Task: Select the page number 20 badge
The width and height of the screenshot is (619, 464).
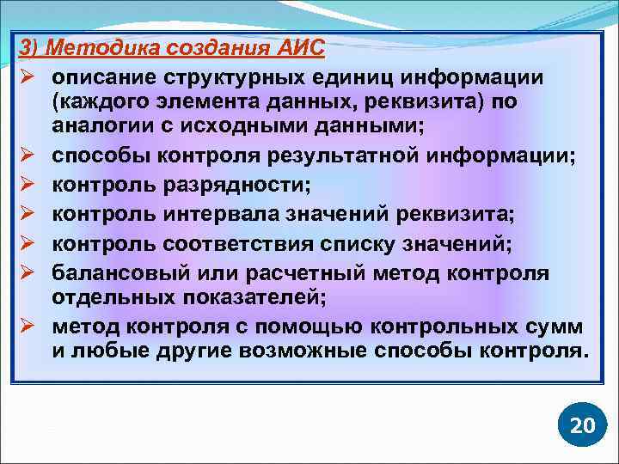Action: (x=582, y=425)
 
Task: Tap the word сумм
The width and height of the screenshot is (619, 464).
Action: (x=557, y=328)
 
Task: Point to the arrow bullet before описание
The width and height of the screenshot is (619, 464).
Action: (x=28, y=77)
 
